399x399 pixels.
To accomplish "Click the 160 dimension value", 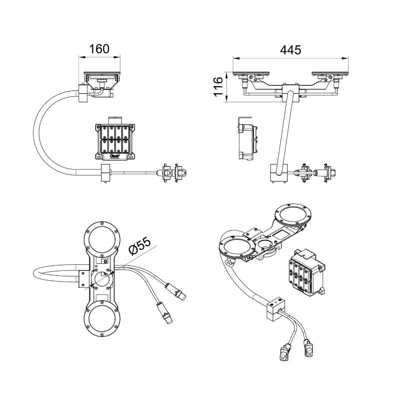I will pyautogui.click(x=99, y=49).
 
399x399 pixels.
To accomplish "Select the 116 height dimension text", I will pyautogui.click(x=217, y=87).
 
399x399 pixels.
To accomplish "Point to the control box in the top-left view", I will pyautogui.click(x=115, y=141).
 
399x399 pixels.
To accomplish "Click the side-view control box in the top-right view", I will pyautogui.click(x=248, y=140).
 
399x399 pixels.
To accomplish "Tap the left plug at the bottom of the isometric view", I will pyautogui.click(x=286, y=352).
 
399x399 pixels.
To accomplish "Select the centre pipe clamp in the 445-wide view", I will pyautogui.click(x=291, y=93).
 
